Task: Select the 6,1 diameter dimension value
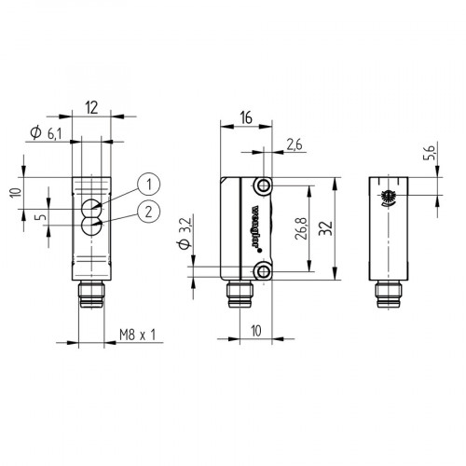pyautogui.click(x=54, y=134)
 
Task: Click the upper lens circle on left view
pyautogui.click(x=92, y=207)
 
